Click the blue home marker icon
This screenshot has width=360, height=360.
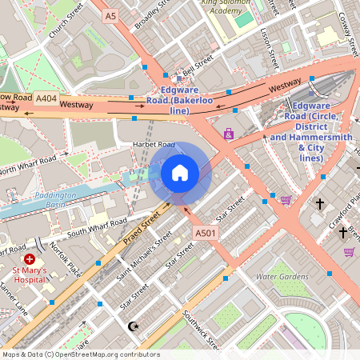point(180,173)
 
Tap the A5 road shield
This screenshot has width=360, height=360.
point(110,15)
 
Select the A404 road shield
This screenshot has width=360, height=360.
point(46,98)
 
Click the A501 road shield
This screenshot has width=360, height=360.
point(206,233)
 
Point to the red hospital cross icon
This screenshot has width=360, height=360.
point(30,259)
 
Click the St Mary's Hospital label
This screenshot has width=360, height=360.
point(29,276)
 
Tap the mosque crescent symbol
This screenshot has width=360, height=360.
point(134,326)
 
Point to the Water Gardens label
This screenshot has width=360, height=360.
point(281,277)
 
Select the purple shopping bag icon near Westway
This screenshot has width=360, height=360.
point(229,134)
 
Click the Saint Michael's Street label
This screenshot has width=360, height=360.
point(146,256)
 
